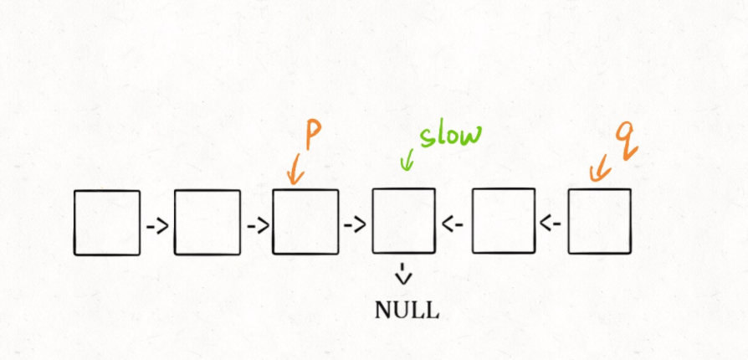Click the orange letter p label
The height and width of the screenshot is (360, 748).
tap(313, 135)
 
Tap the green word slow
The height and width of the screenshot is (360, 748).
tap(451, 134)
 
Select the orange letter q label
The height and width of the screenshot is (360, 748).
tap(626, 139)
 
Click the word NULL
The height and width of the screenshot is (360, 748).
tap(406, 310)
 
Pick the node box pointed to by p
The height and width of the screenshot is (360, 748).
tap(305, 222)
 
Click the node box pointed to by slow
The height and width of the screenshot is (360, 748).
tap(403, 221)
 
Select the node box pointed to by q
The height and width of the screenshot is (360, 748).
tap(599, 221)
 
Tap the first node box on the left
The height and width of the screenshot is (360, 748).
tap(107, 223)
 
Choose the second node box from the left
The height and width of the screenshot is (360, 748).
tap(207, 222)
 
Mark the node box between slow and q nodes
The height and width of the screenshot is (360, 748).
tap(503, 221)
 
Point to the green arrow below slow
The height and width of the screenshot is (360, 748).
tap(407, 162)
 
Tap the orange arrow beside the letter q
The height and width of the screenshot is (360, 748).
tap(598, 171)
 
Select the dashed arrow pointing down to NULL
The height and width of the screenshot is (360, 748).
tap(405, 272)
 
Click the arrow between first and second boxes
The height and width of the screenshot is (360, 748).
tap(157, 225)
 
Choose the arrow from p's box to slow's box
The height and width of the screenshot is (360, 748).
tap(355, 224)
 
